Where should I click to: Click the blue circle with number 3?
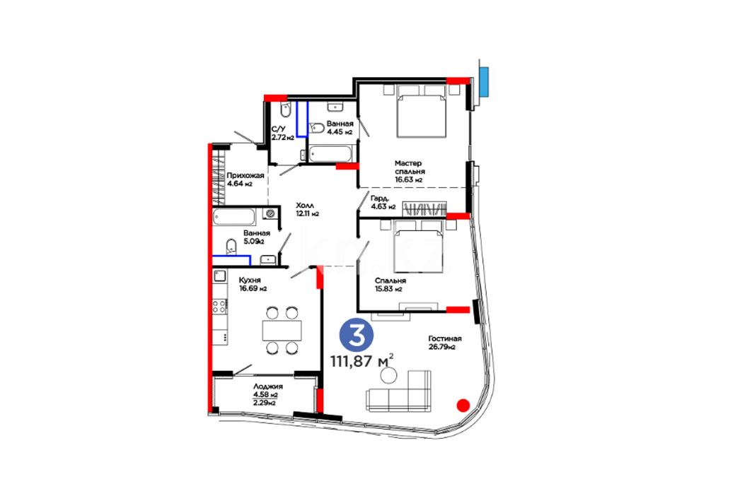click(x=357, y=335)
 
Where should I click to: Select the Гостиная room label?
click(x=444, y=338)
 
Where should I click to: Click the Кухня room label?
click(x=250, y=280)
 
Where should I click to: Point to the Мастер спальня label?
click(x=410, y=167)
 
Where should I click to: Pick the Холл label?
click(x=305, y=206)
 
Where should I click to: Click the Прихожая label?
click(x=245, y=175)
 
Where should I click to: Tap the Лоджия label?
click(x=268, y=387)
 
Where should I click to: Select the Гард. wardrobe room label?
click(x=379, y=199)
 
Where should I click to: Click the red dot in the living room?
click(x=463, y=406)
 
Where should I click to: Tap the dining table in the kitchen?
click(x=282, y=331)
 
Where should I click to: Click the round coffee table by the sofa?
click(x=388, y=375)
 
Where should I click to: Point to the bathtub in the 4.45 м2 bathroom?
click(x=331, y=154)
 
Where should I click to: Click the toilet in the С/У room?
click(x=285, y=110)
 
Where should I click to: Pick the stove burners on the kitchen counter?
click(x=219, y=306)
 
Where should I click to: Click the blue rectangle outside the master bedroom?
click(x=484, y=81)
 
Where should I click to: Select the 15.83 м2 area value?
click(x=388, y=289)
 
